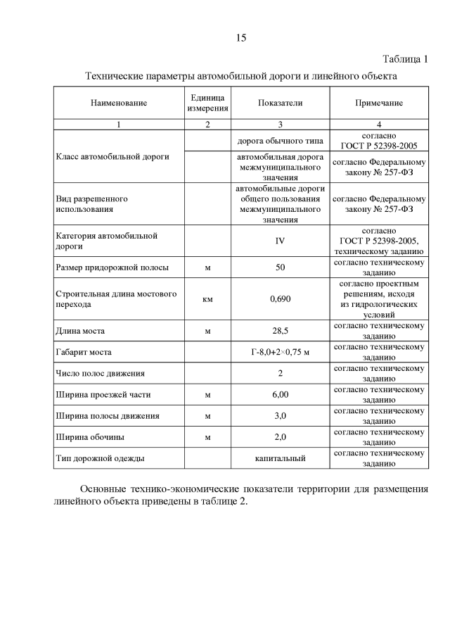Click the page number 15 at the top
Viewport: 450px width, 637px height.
(x=241, y=38)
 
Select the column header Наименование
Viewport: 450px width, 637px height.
(x=118, y=103)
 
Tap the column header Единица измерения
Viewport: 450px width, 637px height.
(x=207, y=103)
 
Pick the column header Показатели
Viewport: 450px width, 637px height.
(x=280, y=103)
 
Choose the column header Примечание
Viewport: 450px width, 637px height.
(x=379, y=103)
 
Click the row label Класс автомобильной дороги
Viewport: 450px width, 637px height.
(x=112, y=156)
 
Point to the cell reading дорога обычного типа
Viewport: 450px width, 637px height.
(x=280, y=140)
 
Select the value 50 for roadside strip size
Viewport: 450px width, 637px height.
(x=280, y=267)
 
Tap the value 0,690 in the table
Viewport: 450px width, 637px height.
(x=280, y=298)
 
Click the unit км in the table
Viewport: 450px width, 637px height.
(x=207, y=298)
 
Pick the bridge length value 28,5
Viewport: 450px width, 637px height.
(x=280, y=329)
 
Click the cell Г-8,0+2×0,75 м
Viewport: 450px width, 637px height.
(x=280, y=351)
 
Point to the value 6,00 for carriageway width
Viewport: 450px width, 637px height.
(x=280, y=394)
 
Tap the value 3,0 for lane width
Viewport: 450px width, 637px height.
(x=280, y=416)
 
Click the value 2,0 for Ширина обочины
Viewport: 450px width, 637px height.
(x=280, y=437)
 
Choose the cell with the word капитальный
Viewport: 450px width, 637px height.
(x=280, y=458)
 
